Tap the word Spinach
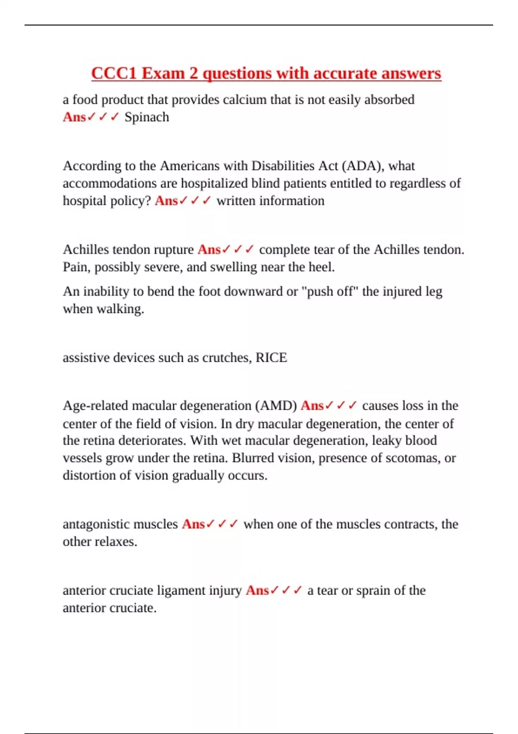tap(147, 117)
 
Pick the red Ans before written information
tap(166, 201)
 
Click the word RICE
tap(271, 358)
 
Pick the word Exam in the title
tap(163, 73)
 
